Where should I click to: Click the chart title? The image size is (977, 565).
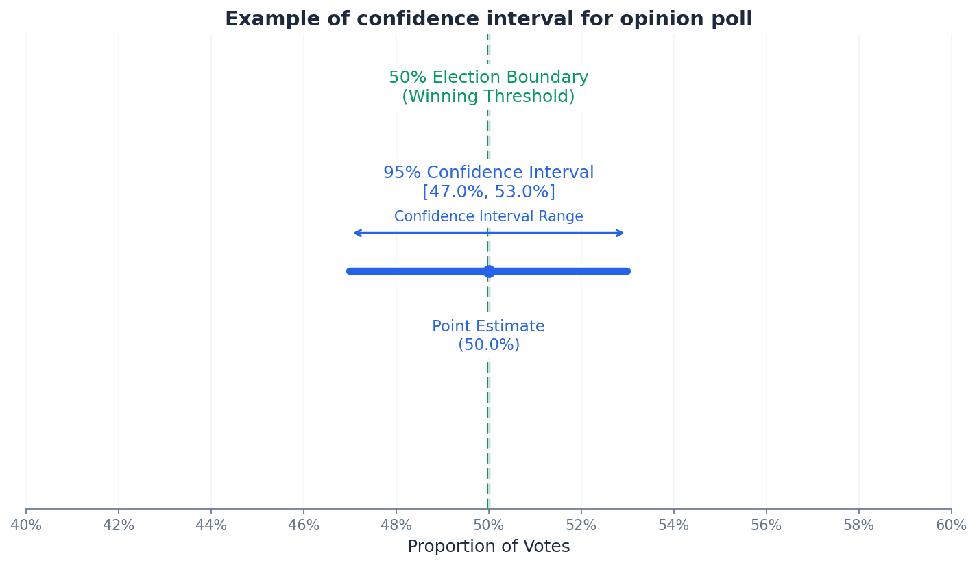[488, 19]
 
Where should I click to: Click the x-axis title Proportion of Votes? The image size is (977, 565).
[488, 547]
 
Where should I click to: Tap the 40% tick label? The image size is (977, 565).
[26, 525]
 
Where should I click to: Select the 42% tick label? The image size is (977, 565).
[119, 525]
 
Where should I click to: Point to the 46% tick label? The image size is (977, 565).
[304, 525]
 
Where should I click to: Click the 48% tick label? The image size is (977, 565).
[396, 525]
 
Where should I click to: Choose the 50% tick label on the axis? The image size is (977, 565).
[488, 525]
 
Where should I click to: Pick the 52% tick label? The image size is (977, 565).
[581, 525]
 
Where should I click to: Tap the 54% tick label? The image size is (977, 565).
[674, 525]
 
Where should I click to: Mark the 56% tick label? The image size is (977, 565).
[767, 525]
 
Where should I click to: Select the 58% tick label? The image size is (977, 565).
[859, 525]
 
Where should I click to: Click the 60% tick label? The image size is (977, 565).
[950, 525]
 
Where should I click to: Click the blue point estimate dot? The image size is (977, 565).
[489, 271]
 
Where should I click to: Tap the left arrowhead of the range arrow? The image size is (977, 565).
[356, 233]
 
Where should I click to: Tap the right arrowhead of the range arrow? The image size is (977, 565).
[621, 233]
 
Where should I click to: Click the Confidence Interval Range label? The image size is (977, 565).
[488, 216]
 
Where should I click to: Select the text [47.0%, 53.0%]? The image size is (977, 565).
[488, 192]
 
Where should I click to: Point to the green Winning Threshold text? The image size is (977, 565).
[488, 97]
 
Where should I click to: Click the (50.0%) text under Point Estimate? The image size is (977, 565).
[488, 345]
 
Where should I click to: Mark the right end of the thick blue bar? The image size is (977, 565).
[627, 271]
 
